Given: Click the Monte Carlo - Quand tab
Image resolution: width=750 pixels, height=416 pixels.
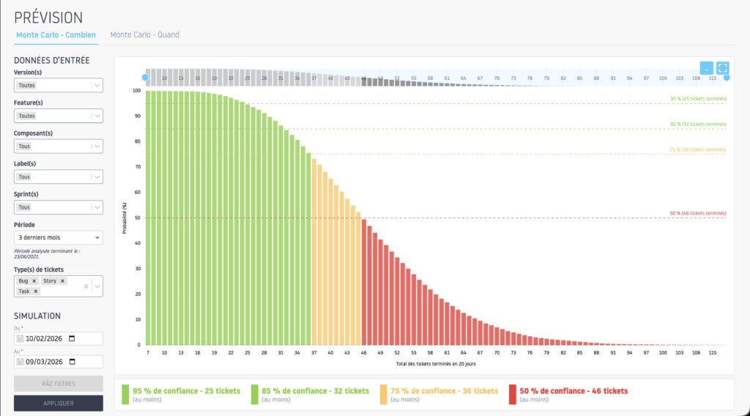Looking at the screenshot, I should tap(144, 34).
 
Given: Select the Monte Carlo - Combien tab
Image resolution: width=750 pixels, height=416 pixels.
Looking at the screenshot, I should tap(56, 34).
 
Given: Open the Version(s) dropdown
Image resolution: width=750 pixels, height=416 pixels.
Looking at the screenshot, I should tap(59, 85).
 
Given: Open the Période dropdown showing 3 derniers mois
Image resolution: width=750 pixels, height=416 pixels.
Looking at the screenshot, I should tap(59, 237).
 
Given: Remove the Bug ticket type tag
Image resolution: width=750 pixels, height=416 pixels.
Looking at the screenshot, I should tap(34, 281).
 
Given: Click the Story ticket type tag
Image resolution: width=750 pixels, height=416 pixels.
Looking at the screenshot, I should tap(50, 281).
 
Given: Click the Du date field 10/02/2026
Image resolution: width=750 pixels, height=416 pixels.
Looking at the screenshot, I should tap(59, 338).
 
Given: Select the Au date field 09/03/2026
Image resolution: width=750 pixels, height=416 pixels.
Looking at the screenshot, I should tap(59, 361).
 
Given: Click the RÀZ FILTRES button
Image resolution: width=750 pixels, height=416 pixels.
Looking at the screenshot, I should tap(59, 382).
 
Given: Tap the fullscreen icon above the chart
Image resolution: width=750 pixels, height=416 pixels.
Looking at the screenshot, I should tap(723, 67).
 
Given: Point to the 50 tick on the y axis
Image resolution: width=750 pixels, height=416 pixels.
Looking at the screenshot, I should tap(137, 218).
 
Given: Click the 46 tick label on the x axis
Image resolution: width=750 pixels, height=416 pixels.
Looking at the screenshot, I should tap(364, 352).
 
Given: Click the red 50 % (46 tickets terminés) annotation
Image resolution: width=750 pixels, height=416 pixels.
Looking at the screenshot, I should tap(697, 213).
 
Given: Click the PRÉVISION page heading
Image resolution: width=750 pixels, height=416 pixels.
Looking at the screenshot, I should tap(48, 17).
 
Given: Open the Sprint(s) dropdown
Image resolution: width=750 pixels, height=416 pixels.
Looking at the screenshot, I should tap(59, 207).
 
